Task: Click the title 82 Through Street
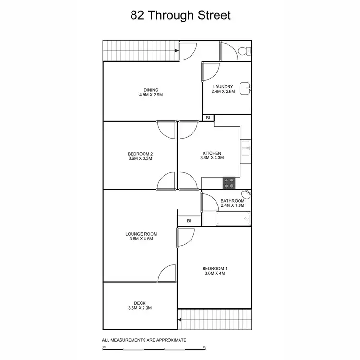(180, 15)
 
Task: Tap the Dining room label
(151, 90)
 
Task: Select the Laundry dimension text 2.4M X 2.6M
(223, 91)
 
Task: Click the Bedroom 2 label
(141, 154)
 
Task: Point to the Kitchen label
(212, 154)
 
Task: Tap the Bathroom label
(232, 201)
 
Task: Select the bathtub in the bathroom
(233, 219)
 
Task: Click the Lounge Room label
(141, 234)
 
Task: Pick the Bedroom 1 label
(215, 268)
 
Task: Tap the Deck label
(140, 303)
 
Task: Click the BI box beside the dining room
(208, 118)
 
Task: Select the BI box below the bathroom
(189, 221)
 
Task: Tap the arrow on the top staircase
(176, 49)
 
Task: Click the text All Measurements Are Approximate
(144, 340)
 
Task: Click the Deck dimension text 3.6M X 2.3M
(140, 308)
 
